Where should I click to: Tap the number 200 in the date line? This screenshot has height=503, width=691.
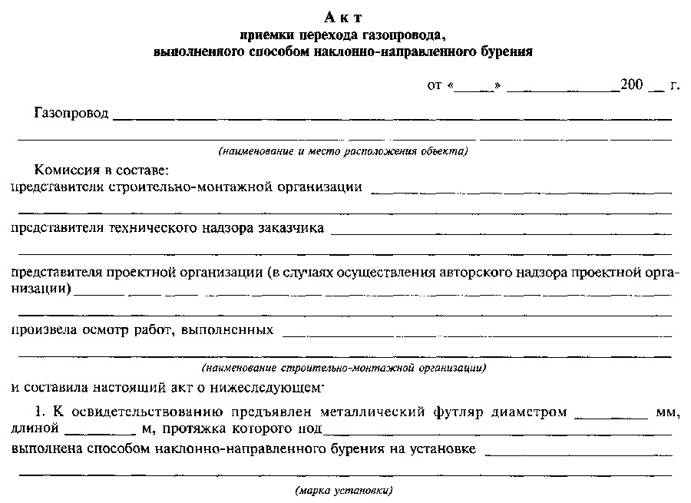(631, 85)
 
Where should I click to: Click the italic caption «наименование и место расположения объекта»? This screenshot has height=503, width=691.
(342, 151)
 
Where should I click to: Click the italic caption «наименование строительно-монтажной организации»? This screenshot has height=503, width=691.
(343, 367)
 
